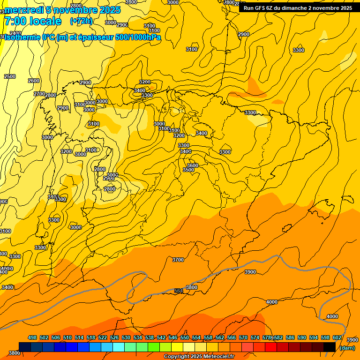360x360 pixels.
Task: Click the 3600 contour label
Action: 192,165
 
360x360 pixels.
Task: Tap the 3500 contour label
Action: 188,170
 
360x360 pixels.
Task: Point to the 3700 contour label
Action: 178,260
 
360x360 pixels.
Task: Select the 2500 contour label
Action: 10,76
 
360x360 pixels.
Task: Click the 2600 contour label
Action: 34,81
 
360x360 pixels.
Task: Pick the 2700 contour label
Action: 39,94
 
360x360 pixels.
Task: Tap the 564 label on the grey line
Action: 179,291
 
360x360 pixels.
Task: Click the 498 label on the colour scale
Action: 32,337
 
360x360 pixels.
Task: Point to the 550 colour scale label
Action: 185,337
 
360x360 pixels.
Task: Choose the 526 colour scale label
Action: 114,337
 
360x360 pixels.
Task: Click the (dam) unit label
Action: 347,347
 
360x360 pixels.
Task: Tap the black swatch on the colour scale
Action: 330,347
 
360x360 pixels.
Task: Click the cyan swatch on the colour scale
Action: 119,347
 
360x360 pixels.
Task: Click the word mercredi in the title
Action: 24,10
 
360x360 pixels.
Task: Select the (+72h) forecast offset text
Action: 81,21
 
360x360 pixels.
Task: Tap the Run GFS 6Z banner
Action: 298,8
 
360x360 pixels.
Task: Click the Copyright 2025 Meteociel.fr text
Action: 199,357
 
